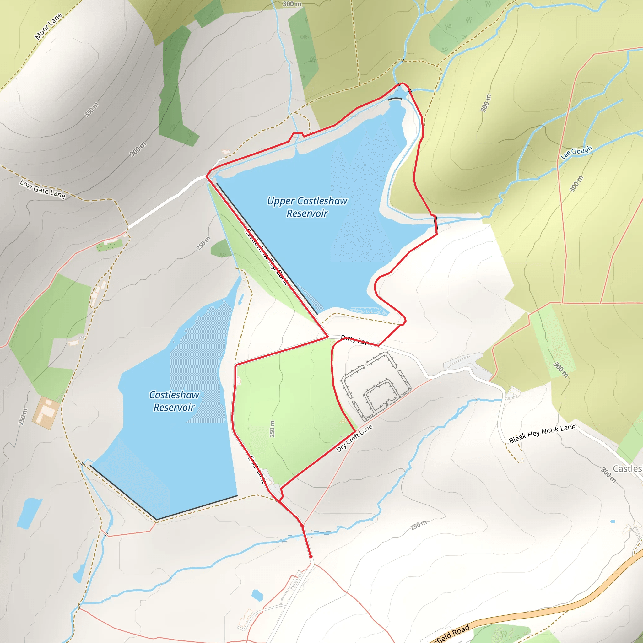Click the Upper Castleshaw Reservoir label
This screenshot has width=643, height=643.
[x=307, y=207]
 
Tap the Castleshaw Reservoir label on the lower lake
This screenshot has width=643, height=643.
[x=174, y=401]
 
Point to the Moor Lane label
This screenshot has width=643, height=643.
[x=48, y=26]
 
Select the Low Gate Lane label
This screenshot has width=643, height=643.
[x=42, y=189]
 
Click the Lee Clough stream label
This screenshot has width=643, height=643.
[x=576, y=152]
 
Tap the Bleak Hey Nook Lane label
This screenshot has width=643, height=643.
[x=542, y=434]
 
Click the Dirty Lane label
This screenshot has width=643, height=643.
[x=356, y=340]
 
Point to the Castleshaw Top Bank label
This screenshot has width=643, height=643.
[x=266, y=256]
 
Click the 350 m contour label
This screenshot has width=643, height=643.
[x=92, y=110]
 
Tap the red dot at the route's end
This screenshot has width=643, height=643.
[x=311, y=556]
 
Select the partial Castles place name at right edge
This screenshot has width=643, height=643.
[x=627, y=469]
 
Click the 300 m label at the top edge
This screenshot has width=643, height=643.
[x=292, y=4]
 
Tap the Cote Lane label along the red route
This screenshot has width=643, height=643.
[x=257, y=470]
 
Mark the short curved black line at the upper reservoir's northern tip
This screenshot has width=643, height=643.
[x=395, y=99]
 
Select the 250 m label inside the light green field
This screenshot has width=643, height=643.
[x=272, y=429]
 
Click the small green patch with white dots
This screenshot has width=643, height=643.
[x=110, y=245]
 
